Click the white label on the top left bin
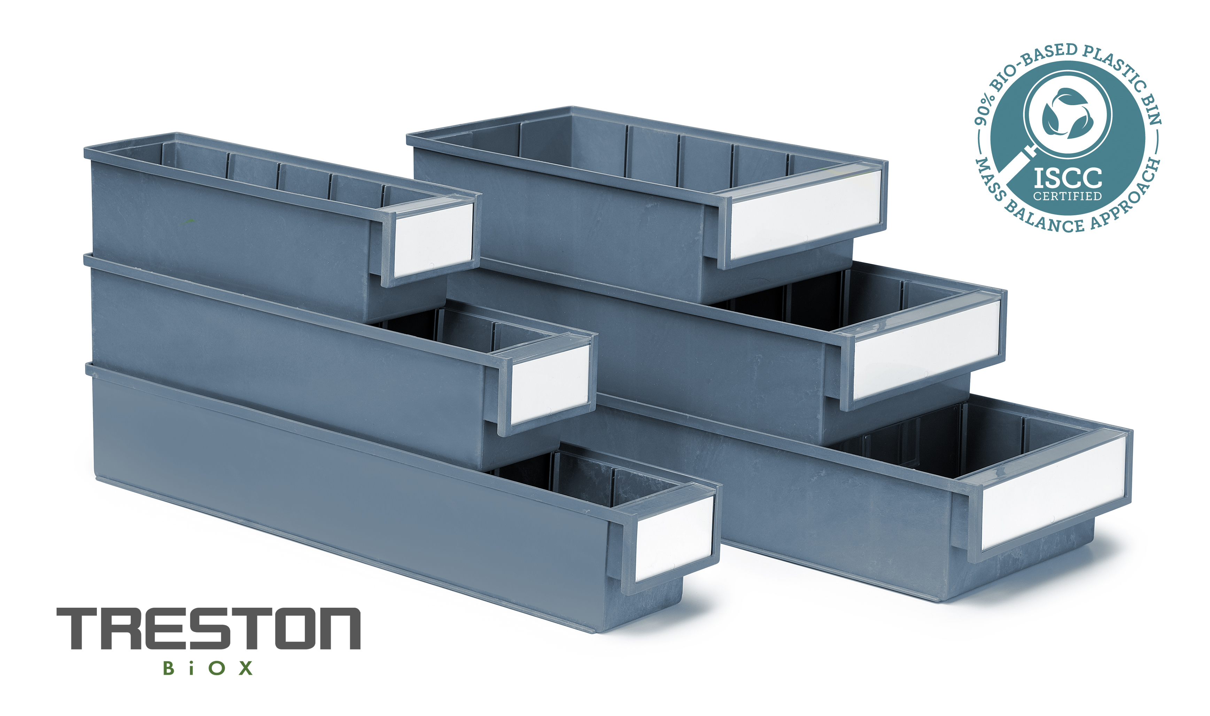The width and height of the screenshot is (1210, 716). (x=433, y=240)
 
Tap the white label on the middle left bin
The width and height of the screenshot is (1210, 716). (x=550, y=384)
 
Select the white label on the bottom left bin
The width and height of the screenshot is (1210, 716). (x=674, y=538)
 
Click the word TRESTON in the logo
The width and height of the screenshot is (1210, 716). (x=208, y=628)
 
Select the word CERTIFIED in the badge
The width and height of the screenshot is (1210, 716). (x=1067, y=196)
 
